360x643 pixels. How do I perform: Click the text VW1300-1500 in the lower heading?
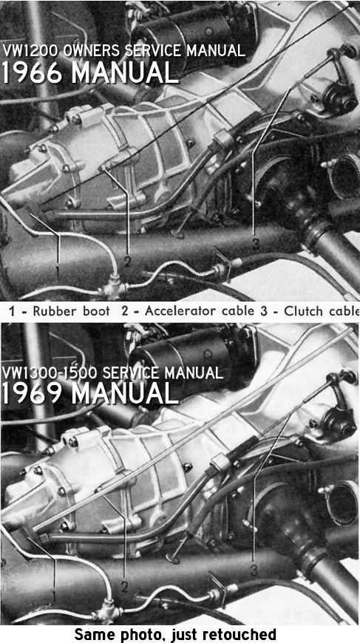pos(50,372)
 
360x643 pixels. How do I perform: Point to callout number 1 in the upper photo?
pos(58,271)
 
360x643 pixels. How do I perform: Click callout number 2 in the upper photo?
pos(128,262)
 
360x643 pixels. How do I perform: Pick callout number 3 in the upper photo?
pos(256,244)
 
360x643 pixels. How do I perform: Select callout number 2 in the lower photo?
pos(124,587)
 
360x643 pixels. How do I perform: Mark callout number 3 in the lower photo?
pos(254,570)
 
